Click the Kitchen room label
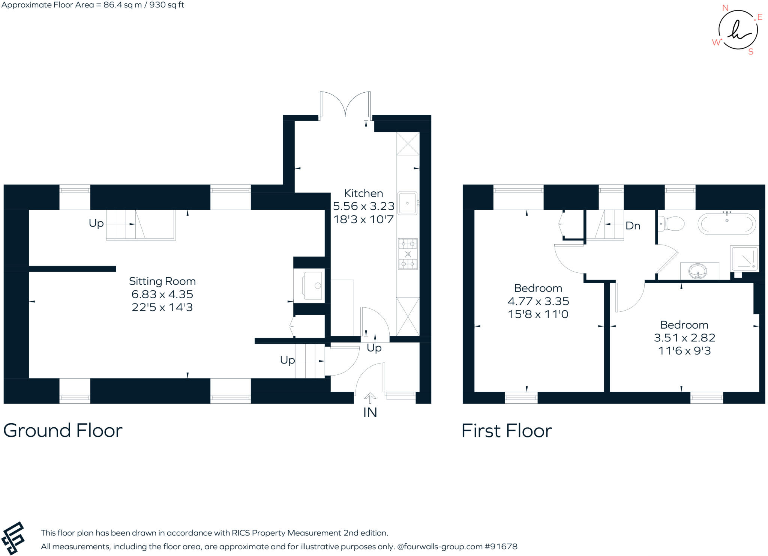(363, 193)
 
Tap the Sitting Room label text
(162, 281)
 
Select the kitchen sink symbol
(407, 203)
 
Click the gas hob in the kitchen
(408, 254)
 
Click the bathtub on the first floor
(727, 224)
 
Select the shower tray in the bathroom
(744, 258)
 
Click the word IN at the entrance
(370, 413)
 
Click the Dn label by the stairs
(633, 226)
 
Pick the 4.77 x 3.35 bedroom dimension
(538, 301)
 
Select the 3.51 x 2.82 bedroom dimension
(684, 338)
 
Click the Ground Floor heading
(63, 430)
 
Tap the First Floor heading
(506, 431)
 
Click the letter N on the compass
(725, 8)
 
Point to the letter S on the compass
(751, 52)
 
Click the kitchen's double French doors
(345, 104)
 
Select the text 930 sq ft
(166, 5)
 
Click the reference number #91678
(501, 547)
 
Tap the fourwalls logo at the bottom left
(13, 538)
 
